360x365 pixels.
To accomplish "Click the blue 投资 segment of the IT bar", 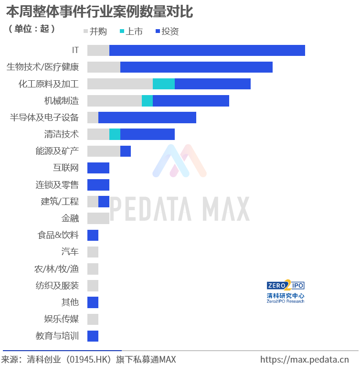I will click(x=207, y=50).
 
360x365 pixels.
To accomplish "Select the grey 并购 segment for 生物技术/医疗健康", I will click(x=104, y=67).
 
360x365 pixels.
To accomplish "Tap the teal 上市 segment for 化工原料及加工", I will click(x=163, y=84).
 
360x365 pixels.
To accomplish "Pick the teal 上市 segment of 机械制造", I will click(x=147, y=101).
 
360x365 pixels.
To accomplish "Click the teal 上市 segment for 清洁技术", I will click(x=115, y=134).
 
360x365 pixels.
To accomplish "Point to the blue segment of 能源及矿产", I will click(x=126, y=151).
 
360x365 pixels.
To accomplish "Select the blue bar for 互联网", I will click(x=98, y=168).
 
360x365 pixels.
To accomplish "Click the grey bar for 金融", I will click(x=98, y=218).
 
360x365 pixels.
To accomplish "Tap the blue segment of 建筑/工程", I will click(x=104, y=202).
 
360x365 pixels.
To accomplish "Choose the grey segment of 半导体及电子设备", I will click(x=93, y=118).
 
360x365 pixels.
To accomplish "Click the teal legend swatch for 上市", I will click(x=122, y=32).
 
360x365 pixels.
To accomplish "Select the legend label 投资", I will click(x=170, y=32).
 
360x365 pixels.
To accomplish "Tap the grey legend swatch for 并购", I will click(x=85, y=32).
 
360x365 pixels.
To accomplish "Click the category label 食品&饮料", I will click(x=58, y=235).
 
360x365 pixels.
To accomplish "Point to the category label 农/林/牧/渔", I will click(x=56, y=269).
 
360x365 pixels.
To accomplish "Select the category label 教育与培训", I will click(x=57, y=336).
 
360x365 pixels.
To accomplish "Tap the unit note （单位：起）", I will click(x=32, y=29).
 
